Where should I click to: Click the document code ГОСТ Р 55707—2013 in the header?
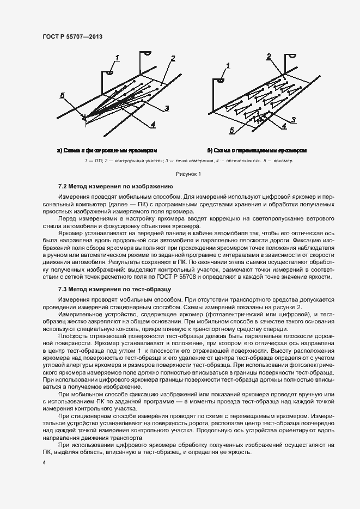72,36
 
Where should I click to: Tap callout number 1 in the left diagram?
118,57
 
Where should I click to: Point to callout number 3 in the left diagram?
166,108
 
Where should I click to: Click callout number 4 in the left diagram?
153,125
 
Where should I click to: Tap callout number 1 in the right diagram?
228,65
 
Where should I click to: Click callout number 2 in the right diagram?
269,57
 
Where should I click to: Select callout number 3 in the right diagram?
293,120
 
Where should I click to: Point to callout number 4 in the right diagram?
284,126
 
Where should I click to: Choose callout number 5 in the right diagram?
232,131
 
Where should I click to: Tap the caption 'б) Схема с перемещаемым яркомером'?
257,150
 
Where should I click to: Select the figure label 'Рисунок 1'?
188,174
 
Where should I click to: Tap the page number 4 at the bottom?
44,463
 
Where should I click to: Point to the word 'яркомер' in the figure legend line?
283,161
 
